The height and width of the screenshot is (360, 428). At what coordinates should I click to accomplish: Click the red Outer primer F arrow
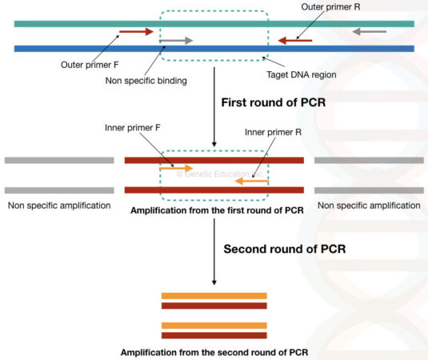click(135, 33)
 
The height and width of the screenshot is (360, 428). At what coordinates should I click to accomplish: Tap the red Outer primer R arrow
click(294, 39)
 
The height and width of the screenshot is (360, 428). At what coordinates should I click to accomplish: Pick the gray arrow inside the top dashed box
click(177, 39)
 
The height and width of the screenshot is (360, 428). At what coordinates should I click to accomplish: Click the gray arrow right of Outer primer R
click(370, 32)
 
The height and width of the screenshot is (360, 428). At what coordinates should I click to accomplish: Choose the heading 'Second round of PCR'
click(284, 248)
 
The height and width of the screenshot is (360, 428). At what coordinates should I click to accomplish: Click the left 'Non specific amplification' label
click(58, 206)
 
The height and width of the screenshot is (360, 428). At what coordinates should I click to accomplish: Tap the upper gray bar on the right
click(369, 160)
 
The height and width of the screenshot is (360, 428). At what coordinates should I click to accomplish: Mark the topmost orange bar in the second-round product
click(214, 296)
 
